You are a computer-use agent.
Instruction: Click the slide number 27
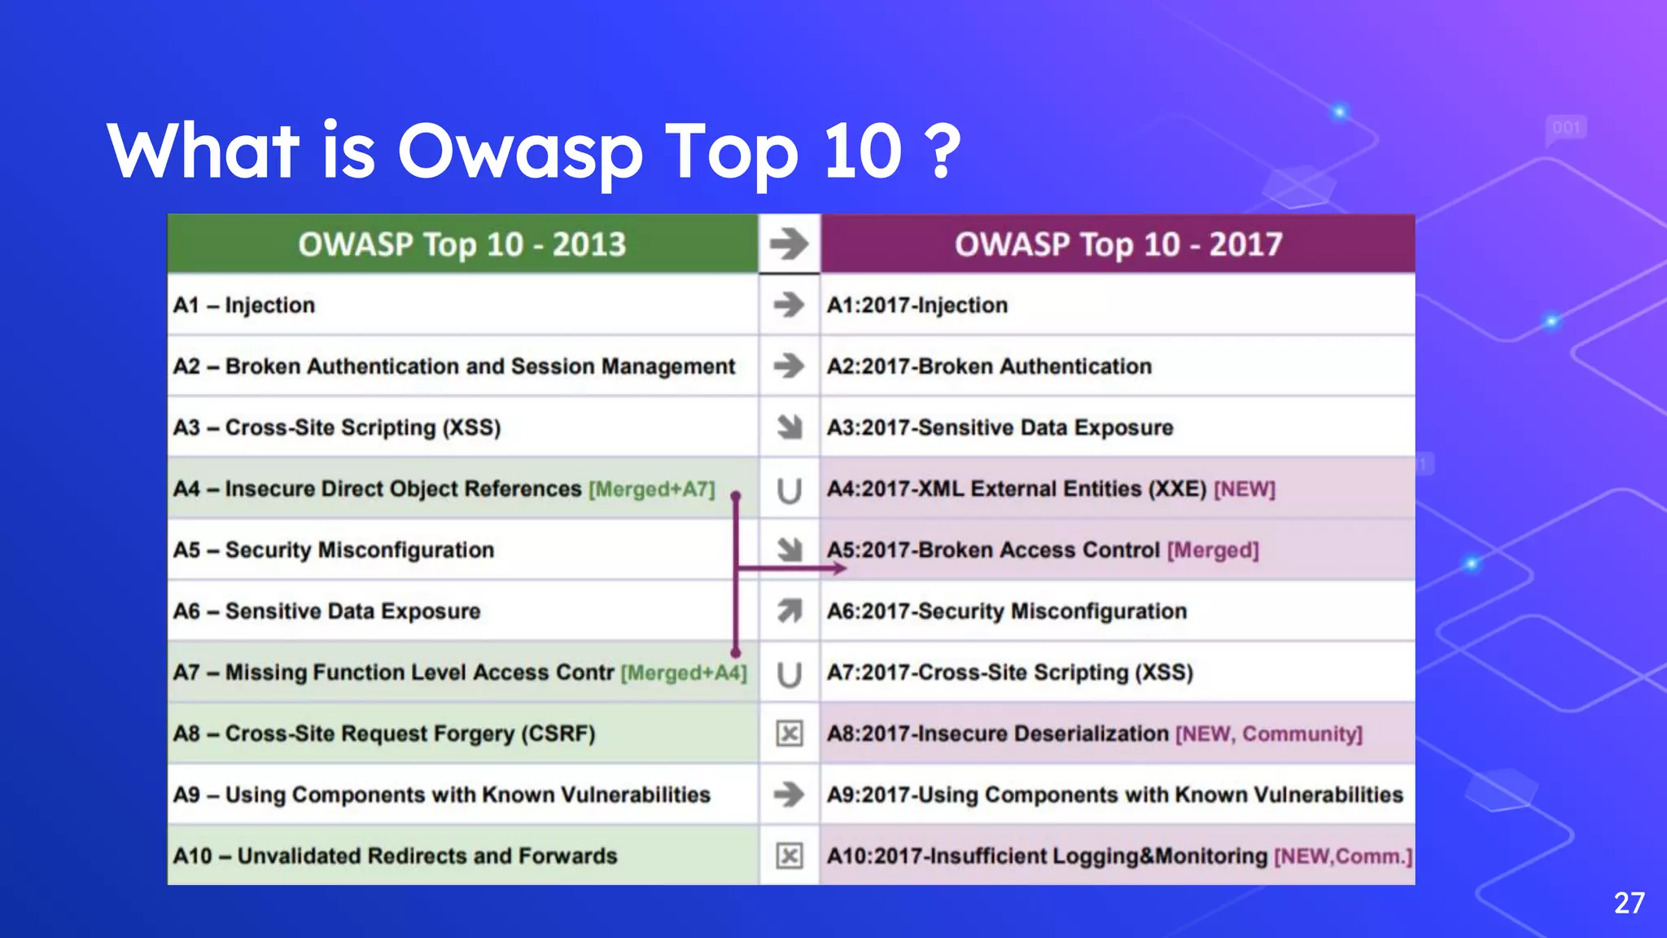tap(1629, 903)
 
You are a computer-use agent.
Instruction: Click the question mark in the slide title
tap(943, 151)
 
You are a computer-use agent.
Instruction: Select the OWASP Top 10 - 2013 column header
tap(462, 244)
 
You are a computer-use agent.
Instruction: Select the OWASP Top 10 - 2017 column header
tap(1118, 244)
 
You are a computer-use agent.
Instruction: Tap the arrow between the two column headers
tap(789, 243)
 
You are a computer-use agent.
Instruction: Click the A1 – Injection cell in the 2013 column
tap(244, 305)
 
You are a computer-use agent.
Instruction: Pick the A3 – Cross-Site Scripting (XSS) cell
tap(337, 427)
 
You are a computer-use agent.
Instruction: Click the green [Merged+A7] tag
tap(652, 489)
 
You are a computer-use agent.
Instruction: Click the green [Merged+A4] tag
tap(684, 673)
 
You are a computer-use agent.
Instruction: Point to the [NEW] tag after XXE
tap(1245, 489)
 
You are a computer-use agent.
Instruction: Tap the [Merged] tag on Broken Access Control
tap(1213, 550)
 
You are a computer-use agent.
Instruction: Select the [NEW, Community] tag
tap(1268, 734)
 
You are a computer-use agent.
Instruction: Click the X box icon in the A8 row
tap(789, 734)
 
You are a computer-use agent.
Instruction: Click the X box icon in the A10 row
tap(789, 856)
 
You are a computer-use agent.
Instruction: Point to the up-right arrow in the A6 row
tap(789, 611)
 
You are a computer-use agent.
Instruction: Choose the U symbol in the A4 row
tap(789, 490)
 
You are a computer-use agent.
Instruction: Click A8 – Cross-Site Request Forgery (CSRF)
tap(384, 734)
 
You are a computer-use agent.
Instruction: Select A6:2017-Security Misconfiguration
tap(1007, 611)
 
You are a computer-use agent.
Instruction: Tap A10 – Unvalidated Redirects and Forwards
tap(396, 857)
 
